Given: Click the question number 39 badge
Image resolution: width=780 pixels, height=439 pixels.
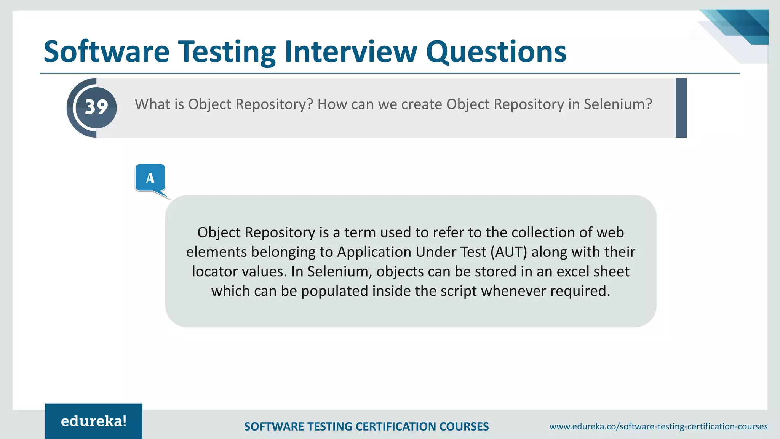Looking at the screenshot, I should [96, 107].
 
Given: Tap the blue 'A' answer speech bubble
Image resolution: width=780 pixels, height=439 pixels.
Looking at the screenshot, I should [150, 178].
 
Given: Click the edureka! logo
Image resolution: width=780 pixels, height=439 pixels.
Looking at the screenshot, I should [94, 421].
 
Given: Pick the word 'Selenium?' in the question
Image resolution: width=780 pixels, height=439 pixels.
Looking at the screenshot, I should [618, 104].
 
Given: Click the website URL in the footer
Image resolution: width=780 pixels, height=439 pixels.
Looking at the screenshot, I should [658, 426].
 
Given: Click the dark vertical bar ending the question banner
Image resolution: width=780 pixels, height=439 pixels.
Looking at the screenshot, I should [681, 107].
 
